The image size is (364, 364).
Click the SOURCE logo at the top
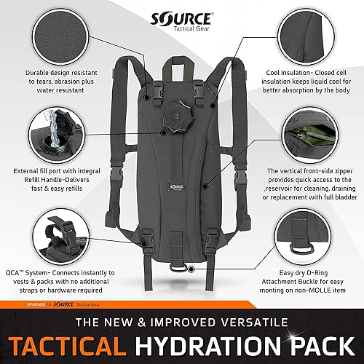point(182,17)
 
